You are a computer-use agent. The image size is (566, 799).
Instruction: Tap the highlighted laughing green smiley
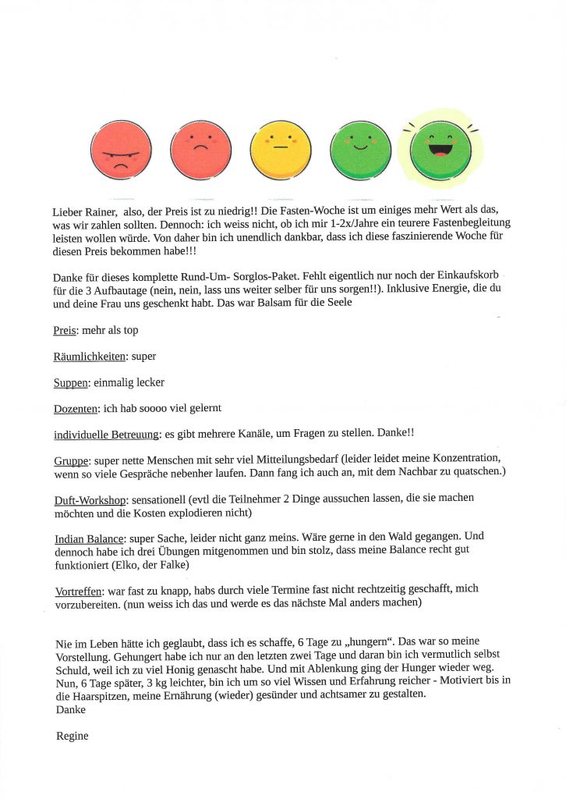(x=440, y=149)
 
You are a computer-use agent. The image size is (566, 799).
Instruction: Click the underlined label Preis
(x=65, y=330)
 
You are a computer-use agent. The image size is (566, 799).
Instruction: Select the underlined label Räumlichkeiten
(x=90, y=357)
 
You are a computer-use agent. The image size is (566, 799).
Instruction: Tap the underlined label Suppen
(x=71, y=383)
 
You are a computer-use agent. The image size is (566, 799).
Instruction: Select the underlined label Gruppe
(x=71, y=461)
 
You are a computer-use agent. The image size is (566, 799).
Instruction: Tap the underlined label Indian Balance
(x=90, y=539)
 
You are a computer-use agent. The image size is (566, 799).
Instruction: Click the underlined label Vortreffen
(x=80, y=591)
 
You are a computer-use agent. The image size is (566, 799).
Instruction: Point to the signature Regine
(x=73, y=736)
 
